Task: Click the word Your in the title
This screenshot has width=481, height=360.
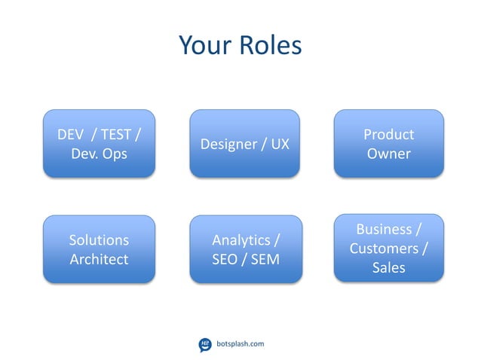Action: [205, 46]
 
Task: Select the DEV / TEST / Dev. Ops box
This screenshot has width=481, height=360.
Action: [99, 144]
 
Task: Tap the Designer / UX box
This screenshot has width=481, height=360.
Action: [244, 144]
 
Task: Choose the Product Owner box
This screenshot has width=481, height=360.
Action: [388, 144]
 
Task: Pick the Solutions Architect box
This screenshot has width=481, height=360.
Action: [99, 249]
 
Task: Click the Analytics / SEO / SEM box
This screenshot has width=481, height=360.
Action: [245, 249]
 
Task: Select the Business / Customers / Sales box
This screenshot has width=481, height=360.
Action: [388, 248]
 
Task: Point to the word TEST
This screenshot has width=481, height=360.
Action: [115, 135]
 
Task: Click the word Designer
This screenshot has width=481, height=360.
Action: [228, 144]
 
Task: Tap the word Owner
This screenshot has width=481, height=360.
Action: [388, 154]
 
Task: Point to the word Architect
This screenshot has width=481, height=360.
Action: [99, 259]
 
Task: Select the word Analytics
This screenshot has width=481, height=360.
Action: [240, 240]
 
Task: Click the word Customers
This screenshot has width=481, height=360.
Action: [384, 248]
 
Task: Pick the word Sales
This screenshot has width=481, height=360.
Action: [388, 267]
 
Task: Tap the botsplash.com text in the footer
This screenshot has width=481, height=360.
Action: [240, 344]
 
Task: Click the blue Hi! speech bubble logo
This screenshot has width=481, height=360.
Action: [204, 344]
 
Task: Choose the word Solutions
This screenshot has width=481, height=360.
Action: [99, 240]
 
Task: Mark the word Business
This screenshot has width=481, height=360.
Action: [384, 229]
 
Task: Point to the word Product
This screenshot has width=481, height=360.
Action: [388, 135]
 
